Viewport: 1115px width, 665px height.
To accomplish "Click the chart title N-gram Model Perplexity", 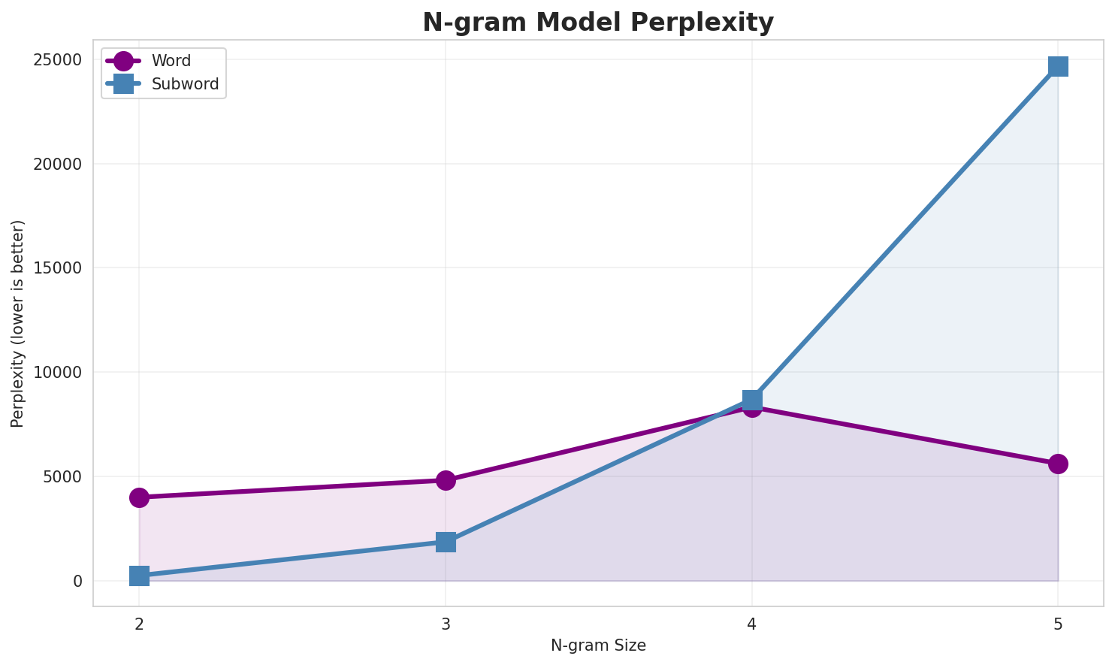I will (597, 23).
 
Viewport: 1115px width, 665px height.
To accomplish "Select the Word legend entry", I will (171, 61).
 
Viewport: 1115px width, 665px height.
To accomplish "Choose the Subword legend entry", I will (185, 84).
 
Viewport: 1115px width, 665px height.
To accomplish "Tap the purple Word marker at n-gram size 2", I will (139, 497).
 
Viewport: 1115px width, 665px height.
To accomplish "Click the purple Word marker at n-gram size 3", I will (446, 480).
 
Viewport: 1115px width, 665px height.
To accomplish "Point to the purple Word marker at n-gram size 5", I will (1058, 464).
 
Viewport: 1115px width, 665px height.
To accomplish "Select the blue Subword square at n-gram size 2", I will (139, 576).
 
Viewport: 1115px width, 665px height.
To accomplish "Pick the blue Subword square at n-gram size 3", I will (446, 542).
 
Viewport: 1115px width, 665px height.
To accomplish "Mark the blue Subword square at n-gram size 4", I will (752, 399).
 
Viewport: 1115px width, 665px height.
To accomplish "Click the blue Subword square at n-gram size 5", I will (1058, 66).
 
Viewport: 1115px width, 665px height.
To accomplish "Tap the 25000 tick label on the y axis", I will (57, 60).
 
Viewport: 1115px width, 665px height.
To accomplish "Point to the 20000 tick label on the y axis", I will (57, 165).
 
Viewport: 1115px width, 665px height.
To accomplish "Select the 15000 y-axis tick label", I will (57, 268).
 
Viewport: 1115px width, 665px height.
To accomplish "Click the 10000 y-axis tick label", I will (57, 373).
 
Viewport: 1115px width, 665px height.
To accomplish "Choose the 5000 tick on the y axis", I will (62, 477).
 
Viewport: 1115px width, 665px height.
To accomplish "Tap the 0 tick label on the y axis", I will (77, 582).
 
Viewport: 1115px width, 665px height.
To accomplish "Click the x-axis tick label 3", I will (446, 624).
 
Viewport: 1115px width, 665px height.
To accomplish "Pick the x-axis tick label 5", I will (1058, 624).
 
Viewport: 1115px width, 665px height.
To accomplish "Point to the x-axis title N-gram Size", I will (598, 645).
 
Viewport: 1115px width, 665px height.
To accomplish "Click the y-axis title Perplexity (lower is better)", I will (18, 324).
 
